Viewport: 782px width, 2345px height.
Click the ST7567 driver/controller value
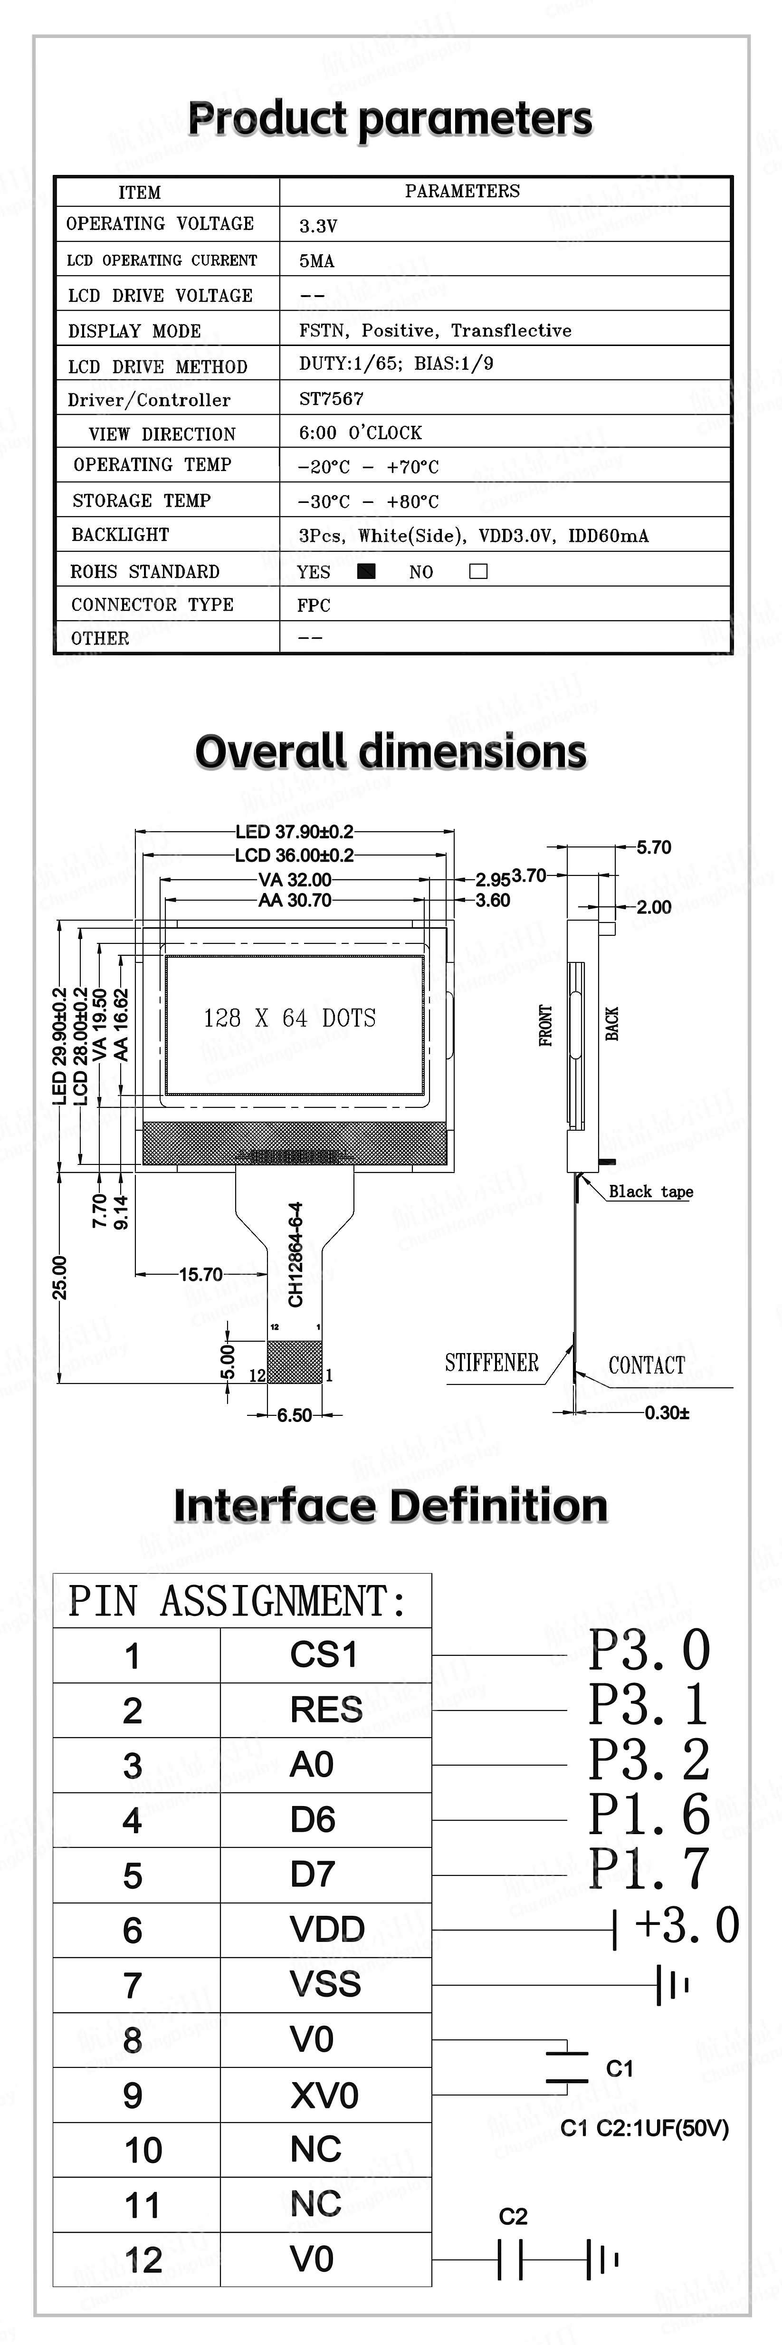click(331, 399)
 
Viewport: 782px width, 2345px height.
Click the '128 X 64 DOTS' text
click(289, 1018)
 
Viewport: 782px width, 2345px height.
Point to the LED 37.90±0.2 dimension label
click(294, 831)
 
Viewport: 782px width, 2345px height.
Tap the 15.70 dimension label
click(200, 1274)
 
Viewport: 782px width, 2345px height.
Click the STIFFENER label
click(492, 1363)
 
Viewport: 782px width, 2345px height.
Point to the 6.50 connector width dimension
click(294, 1414)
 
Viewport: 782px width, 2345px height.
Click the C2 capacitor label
click(513, 2216)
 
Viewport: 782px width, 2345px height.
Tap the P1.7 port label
click(648, 1868)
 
